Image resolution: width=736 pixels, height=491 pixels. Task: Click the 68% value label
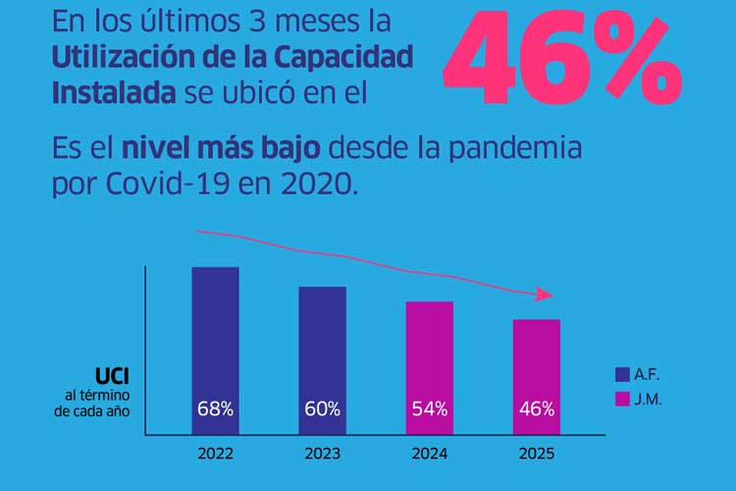click(x=215, y=409)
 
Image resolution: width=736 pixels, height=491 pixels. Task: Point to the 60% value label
click(x=322, y=409)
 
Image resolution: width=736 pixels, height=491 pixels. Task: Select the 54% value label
click(x=429, y=409)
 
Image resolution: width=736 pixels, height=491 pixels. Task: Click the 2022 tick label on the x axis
click(x=215, y=455)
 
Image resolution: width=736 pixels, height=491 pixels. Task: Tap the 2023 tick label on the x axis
click(x=322, y=455)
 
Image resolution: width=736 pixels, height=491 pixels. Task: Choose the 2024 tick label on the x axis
click(x=429, y=455)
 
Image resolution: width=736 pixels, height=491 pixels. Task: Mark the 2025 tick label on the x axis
click(x=536, y=455)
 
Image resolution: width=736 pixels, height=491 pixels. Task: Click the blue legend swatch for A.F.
click(x=621, y=374)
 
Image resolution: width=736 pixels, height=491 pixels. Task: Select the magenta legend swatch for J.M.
click(x=621, y=399)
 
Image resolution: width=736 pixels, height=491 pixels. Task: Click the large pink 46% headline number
click(x=561, y=61)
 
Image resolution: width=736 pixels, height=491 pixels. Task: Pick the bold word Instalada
click(x=112, y=90)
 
